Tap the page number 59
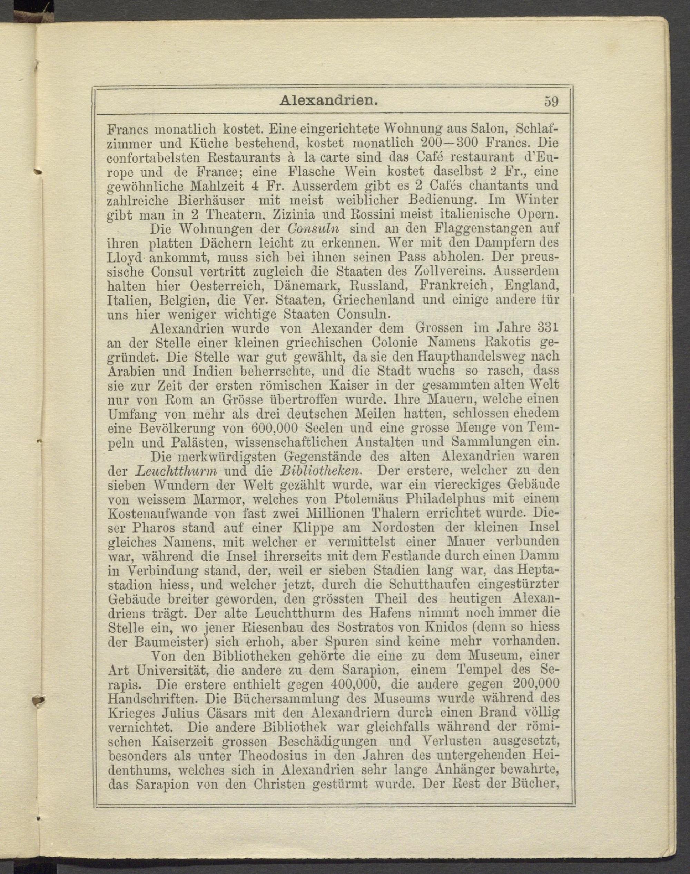coord(551,101)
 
